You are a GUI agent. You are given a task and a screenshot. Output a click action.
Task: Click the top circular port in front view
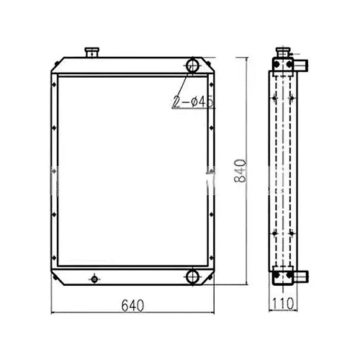pos(194,66)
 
